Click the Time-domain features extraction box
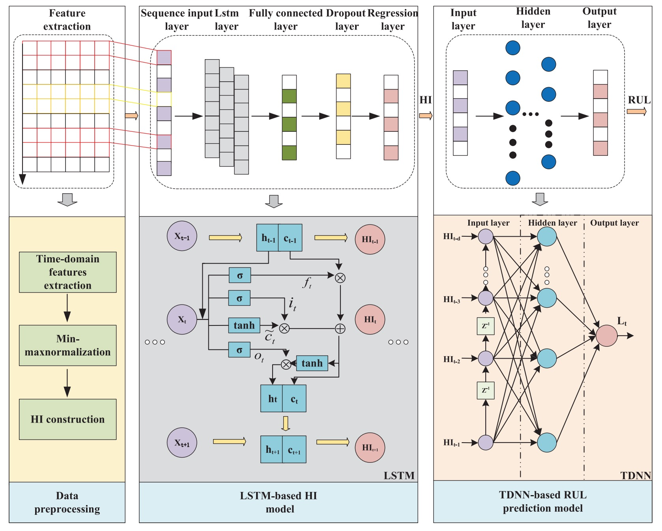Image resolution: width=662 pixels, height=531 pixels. coord(67,272)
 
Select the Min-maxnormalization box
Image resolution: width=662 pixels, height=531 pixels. coord(67,345)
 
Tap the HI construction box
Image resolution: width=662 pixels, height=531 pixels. coord(67,419)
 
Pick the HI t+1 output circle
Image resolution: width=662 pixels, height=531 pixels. coord(370,447)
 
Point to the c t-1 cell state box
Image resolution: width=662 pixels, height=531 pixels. coord(290,238)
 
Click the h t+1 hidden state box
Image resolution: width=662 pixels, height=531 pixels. coord(272,449)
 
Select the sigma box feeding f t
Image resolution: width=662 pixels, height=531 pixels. coord(239,275)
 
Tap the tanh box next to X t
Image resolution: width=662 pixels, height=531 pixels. coord(244,325)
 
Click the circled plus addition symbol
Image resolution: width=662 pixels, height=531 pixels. coord(340,329)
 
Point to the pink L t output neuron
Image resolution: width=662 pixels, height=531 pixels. coord(606,336)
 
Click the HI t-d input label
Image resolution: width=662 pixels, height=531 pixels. coord(451,237)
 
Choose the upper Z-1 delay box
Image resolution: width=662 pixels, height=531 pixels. coord(486,326)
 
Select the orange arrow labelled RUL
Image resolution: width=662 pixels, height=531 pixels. coord(636,112)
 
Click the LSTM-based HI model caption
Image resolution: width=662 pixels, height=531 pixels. coord(279,502)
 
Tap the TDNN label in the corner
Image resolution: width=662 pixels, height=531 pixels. coord(636,475)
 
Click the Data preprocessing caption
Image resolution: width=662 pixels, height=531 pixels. coord(67,502)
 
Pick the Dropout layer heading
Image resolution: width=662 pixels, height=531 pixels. coord(346,20)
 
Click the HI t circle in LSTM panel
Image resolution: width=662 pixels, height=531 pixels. coord(370,320)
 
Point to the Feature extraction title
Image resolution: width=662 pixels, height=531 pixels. coord(67,20)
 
